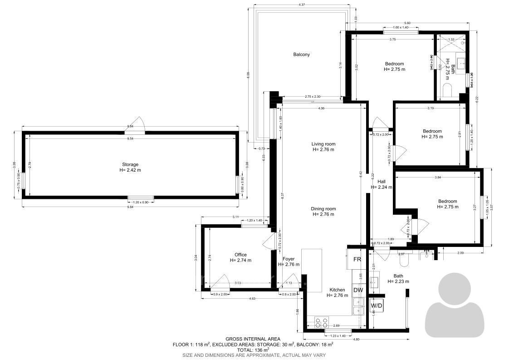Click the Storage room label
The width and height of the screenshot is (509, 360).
(x=130, y=164)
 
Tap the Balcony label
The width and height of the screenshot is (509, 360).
(x=301, y=54)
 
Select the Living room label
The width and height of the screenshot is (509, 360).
(x=323, y=144)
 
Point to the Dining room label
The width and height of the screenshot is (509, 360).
(x=323, y=209)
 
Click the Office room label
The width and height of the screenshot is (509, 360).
(x=240, y=255)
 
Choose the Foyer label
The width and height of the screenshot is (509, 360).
(x=289, y=259)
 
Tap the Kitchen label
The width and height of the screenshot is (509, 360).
(x=337, y=290)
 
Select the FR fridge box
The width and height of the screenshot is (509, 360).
(x=357, y=259)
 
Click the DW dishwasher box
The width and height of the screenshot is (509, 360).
(x=358, y=290)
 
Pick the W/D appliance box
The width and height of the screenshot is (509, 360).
(x=377, y=306)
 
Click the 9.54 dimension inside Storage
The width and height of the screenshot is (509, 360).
(x=130, y=138)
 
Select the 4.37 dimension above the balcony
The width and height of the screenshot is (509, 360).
(x=301, y=5)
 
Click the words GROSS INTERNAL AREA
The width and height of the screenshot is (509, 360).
(x=253, y=339)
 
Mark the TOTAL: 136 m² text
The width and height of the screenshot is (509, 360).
(x=253, y=350)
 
